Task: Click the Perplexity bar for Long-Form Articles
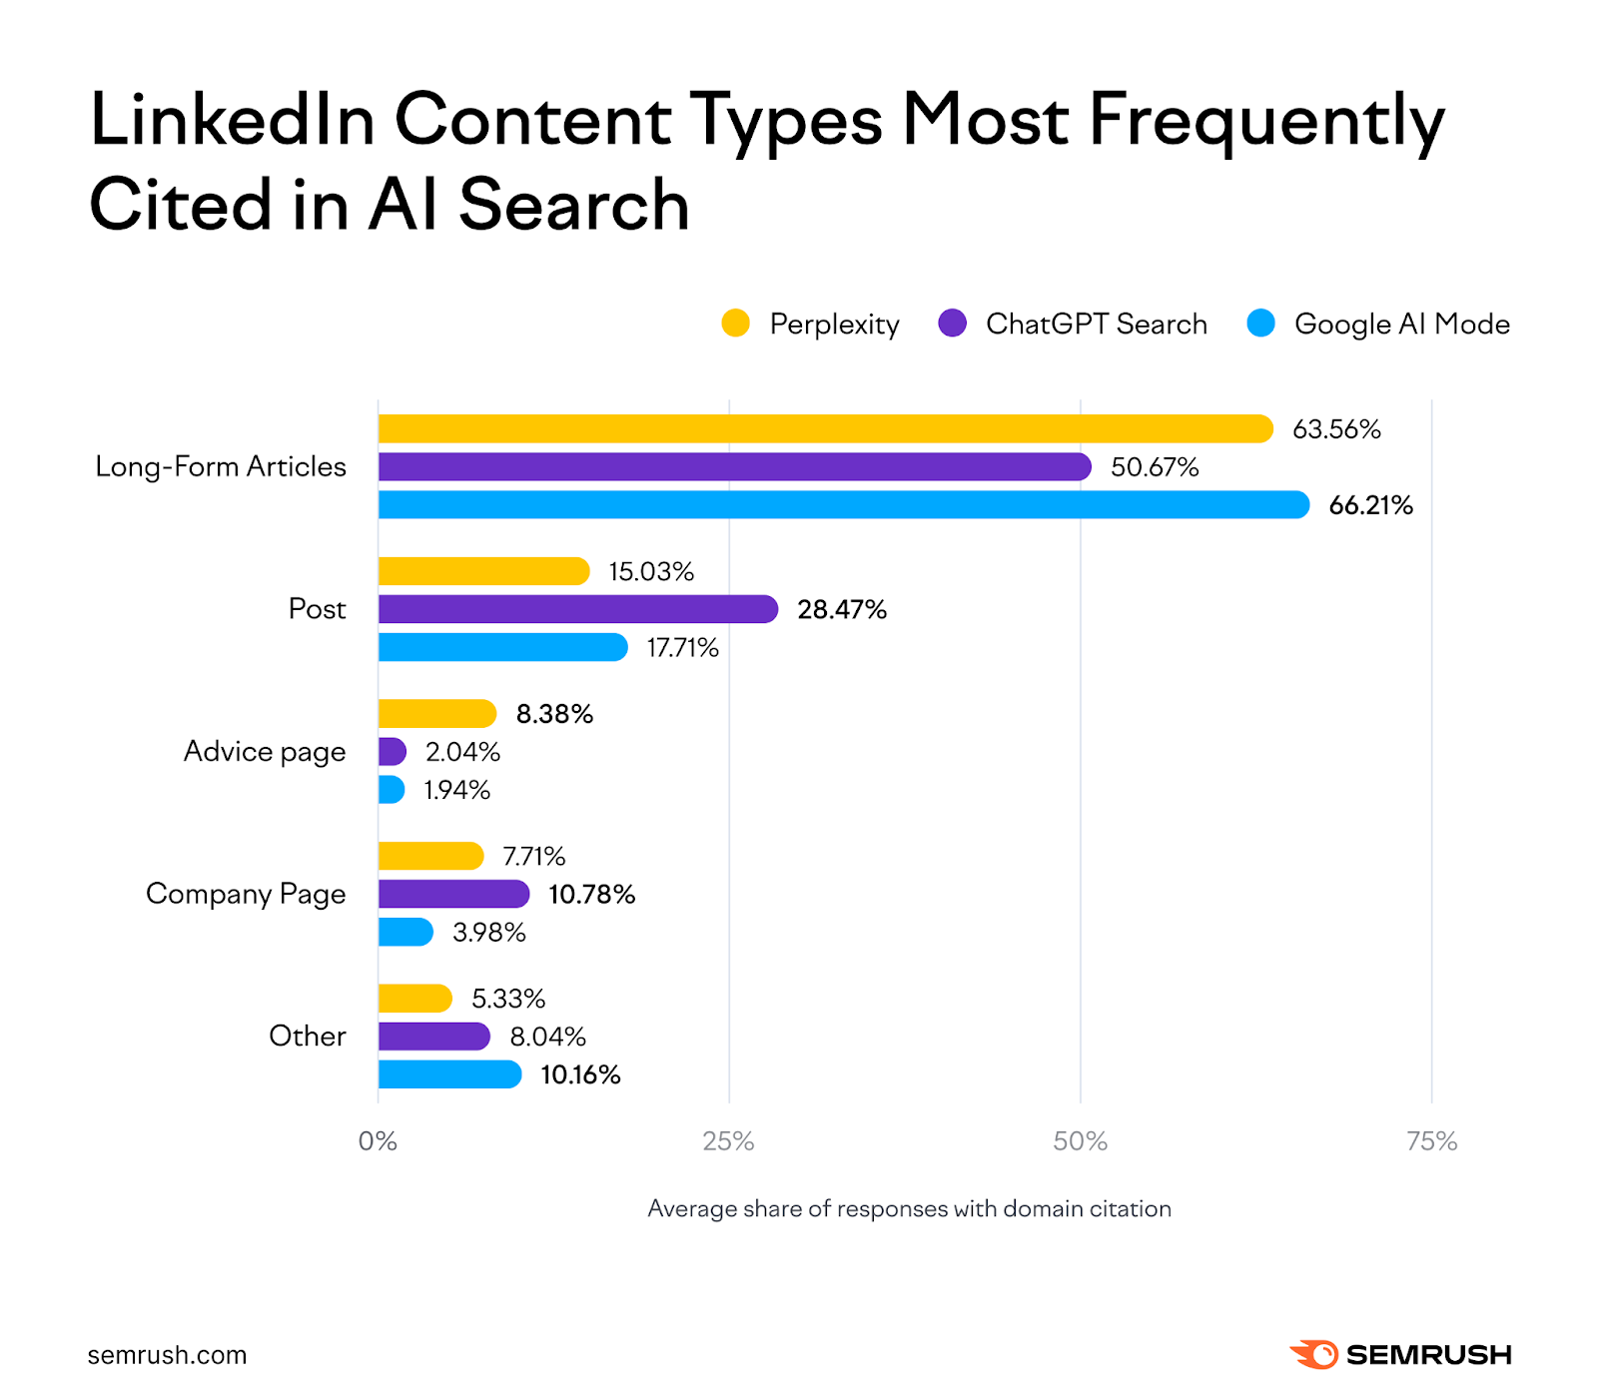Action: pos(825,429)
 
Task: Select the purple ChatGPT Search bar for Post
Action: pos(577,609)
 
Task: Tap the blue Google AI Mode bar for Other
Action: pos(449,1074)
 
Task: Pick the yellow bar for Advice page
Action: pos(436,714)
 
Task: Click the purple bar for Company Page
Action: pos(453,894)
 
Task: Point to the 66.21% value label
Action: pos(1370,505)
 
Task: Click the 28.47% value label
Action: pos(841,609)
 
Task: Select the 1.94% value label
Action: pos(456,790)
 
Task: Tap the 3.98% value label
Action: pos(488,933)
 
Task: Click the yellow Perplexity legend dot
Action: pos(735,324)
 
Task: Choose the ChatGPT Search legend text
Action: pos(1096,324)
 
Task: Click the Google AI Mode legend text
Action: pos(1401,324)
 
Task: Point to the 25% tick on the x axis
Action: pos(728,1141)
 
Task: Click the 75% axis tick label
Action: pos(1431,1141)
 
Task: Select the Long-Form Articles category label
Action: pos(221,466)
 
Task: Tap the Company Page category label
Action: pos(246,894)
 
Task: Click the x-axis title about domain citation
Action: pos(909,1208)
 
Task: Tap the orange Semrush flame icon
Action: pos(1313,1354)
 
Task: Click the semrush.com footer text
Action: pos(167,1355)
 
